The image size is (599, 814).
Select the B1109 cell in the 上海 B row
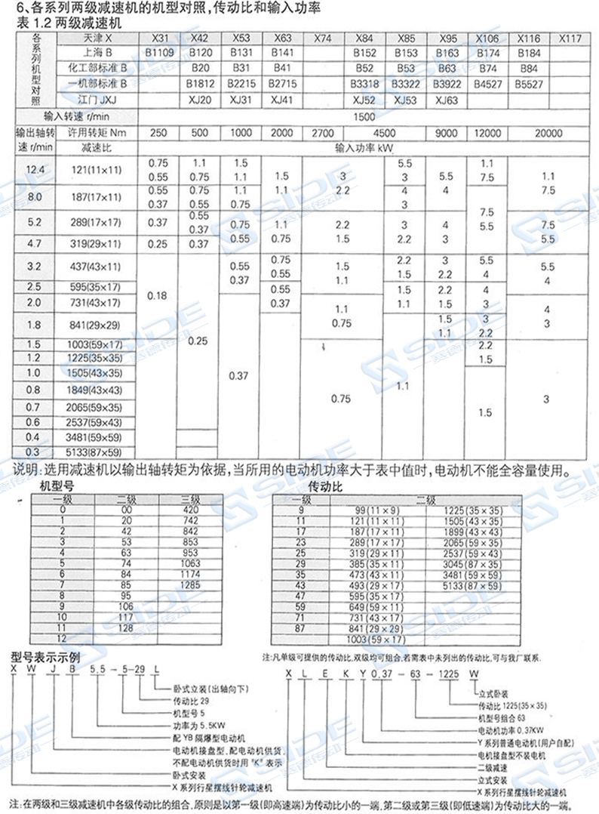[159, 53]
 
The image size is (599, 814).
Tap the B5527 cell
[529, 85]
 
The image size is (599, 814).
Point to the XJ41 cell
[281, 100]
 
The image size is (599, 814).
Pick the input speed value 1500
[363, 117]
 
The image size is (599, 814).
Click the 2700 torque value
[322, 133]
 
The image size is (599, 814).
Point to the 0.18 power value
[157, 295]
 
